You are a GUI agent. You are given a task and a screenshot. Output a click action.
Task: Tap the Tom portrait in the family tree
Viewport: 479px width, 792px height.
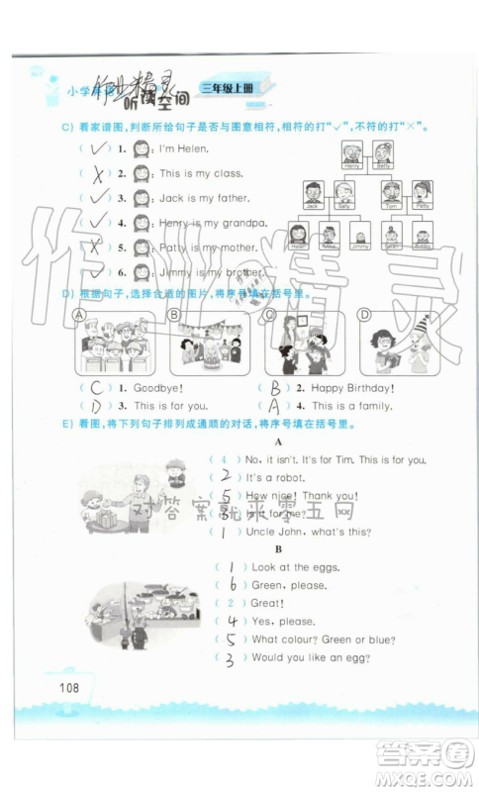tap(392, 192)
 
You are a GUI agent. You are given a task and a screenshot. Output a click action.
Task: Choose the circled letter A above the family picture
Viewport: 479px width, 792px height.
tap(79, 315)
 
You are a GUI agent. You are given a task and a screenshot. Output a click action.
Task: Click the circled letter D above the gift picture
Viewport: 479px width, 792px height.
tap(363, 315)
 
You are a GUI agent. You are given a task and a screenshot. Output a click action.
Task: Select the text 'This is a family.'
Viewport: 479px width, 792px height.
tap(351, 405)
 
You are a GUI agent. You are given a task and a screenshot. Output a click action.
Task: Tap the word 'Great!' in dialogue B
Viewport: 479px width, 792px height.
tap(268, 603)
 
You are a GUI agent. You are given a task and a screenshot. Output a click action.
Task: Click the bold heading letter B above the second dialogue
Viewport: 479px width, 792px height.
tap(279, 549)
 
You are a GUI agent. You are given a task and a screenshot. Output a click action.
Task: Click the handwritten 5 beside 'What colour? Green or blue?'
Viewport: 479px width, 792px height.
tap(231, 640)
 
